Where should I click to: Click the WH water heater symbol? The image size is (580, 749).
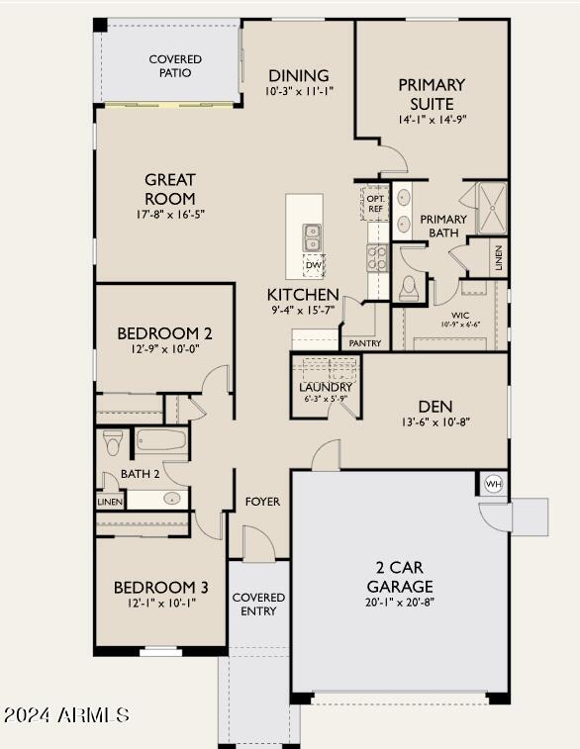coord(494,484)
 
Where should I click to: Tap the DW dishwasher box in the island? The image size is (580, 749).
coord(314,265)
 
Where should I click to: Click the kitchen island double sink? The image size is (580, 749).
coord(312,237)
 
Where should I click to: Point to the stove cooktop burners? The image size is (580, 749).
coord(377,257)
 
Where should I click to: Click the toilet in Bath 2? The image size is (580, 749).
coord(113,443)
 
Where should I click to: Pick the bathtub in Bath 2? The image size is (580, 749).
coord(161,440)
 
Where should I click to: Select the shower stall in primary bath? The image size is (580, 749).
coord(492,208)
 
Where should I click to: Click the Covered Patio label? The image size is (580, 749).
coord(175,66)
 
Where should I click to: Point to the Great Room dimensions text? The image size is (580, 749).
coord(170,214)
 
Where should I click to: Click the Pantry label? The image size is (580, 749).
coord(365,343)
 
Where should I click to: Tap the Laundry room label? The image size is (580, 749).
coord(326,387)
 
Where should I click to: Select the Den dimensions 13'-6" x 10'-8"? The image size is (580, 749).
coord(436,421)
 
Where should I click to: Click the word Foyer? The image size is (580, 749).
coord(262,502)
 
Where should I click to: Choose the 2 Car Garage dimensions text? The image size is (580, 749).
coord(400,602)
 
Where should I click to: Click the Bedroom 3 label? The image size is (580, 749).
coord(161,587)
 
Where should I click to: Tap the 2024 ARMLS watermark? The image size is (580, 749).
coord(66,714)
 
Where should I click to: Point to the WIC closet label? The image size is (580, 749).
coord(460,316)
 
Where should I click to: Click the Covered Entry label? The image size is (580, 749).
coord(258,605)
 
